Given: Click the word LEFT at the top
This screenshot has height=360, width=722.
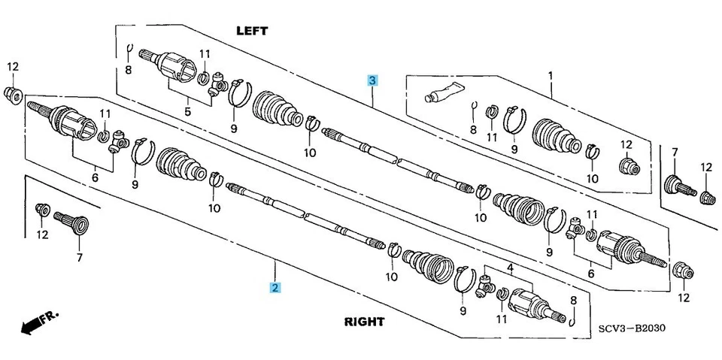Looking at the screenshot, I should tap(252, 31).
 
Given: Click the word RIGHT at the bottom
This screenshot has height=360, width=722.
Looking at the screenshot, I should tap(364, 322).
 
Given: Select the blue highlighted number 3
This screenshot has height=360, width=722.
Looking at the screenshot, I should tap(372, 80).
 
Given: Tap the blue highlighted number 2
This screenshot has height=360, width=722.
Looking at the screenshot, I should tap(276, 287).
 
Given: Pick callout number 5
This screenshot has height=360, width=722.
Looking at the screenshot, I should tap(188, 111).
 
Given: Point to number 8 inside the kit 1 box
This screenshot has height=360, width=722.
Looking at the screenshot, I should tap(473, 129).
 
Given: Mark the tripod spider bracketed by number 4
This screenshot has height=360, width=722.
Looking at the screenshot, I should tap(485, 286).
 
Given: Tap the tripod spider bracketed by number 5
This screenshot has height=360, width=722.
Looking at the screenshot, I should tap(219, 84).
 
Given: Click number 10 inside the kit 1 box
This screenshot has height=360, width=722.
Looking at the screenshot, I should tap(592, 178).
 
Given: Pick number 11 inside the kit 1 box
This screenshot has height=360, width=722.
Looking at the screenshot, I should tap(492, 137).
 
